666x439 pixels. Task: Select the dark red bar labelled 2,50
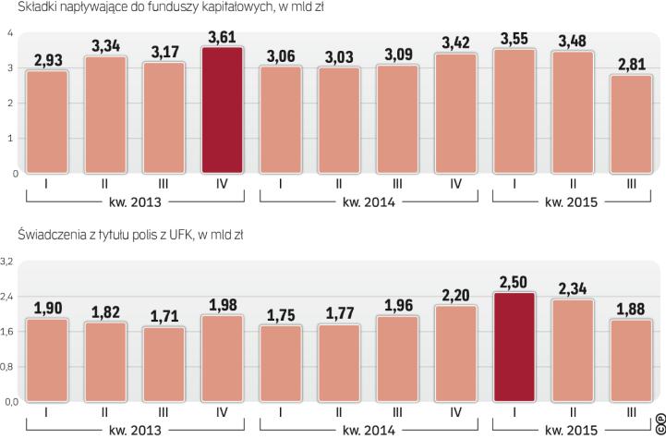click(x=516, y=348)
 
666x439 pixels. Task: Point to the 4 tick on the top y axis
click(x=8, y=34)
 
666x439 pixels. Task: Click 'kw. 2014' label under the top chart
click(x=370, y=201)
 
